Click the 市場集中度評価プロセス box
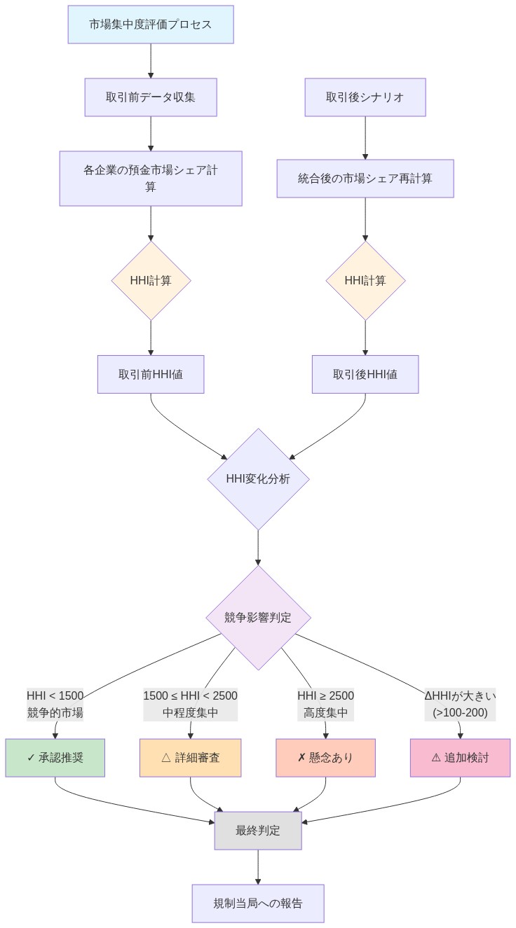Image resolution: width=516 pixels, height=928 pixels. (151, 25)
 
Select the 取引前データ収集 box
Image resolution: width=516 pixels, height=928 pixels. (151, 97)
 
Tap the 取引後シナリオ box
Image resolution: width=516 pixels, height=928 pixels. (365, 97)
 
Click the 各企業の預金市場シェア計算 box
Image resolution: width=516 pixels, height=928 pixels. (151, 178)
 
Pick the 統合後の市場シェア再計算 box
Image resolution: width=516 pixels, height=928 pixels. (365, 178)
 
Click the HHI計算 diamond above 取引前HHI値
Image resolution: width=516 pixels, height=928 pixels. (151, 280)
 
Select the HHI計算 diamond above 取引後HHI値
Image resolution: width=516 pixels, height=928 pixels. (365, 280)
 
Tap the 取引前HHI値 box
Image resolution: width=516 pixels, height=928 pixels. (151, 374)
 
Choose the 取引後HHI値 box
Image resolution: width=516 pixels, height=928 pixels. (365, 374)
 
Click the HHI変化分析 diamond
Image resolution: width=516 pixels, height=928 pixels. (258, 479)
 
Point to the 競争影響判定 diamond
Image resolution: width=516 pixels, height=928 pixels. (258, 618)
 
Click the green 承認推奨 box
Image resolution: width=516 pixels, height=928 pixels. (55, 757)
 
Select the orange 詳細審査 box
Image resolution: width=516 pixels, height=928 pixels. (190, 757)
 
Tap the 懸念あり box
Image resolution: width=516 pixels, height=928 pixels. (326, 757)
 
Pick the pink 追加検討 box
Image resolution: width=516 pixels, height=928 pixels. (460, 757)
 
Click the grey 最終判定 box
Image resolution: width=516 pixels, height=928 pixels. (258, 831)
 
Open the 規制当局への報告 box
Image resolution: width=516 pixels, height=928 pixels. (258, 903)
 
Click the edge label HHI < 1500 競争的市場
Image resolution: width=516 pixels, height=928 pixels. (55, 704)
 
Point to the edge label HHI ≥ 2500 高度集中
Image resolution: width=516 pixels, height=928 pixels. (326, 704)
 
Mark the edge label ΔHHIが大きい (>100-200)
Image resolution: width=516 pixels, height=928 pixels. (460, 704)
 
